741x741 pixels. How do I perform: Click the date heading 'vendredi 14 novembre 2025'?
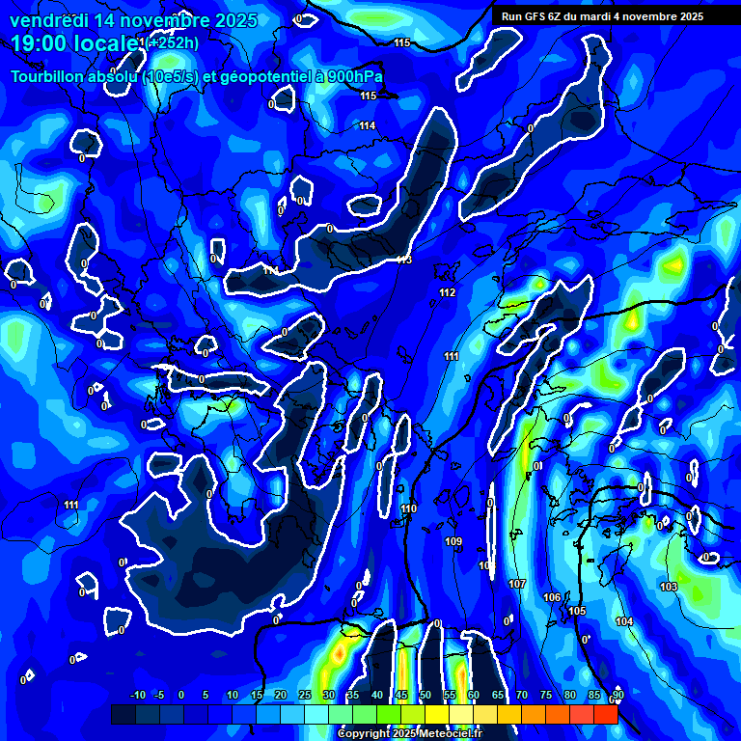[133, 20]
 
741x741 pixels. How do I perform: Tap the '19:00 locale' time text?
[72, 43]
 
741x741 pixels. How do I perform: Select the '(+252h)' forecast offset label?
[174, 42]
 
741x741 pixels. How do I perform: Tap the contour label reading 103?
[669, 587]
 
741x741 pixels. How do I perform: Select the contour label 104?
[624, 621]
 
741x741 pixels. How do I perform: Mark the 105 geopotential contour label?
[577, 611]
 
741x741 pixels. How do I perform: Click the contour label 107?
[517, 584]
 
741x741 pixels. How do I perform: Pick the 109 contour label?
[453, 541]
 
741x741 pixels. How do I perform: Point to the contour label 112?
[447, 292]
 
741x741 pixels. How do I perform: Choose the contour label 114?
[368, 125]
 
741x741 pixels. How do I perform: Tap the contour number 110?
[409, 508]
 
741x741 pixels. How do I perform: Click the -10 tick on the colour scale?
[138, 695]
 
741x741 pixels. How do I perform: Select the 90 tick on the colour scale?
[617, 695]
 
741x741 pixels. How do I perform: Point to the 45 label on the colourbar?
[401, 695]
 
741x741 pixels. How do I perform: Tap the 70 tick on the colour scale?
[522, 695]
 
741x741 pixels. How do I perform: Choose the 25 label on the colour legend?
[305, 695]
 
